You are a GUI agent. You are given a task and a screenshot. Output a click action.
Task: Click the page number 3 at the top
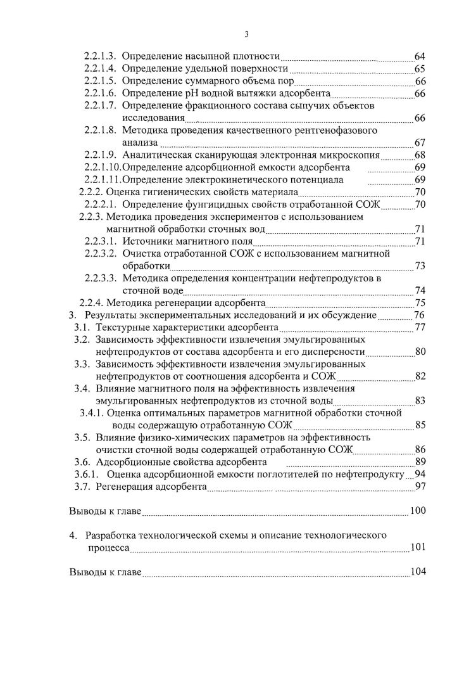point(246,34)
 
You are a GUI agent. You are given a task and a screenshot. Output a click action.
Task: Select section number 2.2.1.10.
point(102,167)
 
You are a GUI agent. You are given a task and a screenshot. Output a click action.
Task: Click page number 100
point(418,511)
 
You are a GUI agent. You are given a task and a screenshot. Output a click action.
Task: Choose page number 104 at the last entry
point(418,572)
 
